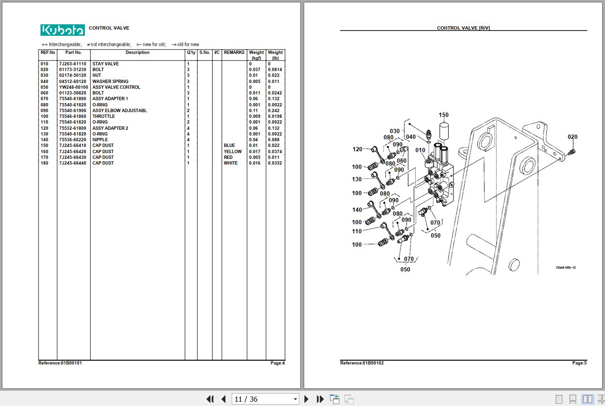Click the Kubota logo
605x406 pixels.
pos(62,30)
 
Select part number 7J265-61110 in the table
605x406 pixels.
pos(72,64)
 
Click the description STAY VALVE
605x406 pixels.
pos(106,64)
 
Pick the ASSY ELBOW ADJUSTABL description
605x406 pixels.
pos(120,111)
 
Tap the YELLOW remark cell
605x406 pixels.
pos(233,152)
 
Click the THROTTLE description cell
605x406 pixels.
pos(103,116)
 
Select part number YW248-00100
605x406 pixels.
pos(73,87)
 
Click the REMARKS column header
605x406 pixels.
pos(234,52)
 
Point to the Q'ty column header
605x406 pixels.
pos(191,52)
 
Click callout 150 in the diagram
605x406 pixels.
pos(443,115)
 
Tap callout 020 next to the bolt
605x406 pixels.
pos(572,137)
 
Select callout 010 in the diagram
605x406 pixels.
pos(420,150)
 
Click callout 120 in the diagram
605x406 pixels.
pos(358,149)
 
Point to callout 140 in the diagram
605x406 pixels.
pos(357,210)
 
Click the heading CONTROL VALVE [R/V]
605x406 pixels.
pos(463,28)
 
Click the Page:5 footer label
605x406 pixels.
pos(579,363)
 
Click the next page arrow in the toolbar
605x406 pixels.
pos(307,399)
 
